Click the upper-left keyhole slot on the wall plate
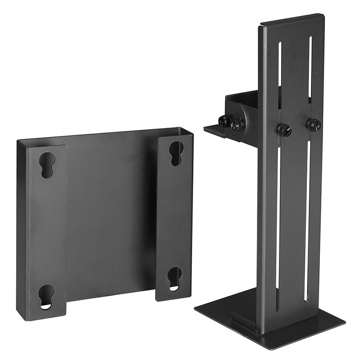coord(47,165)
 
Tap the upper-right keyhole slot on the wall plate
coord(176,153)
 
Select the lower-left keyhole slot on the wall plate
coord(46,297)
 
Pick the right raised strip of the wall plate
coord(175,216)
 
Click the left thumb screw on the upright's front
coord(284,130)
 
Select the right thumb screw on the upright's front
coord(314,124)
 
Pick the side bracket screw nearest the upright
coord(238,124)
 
